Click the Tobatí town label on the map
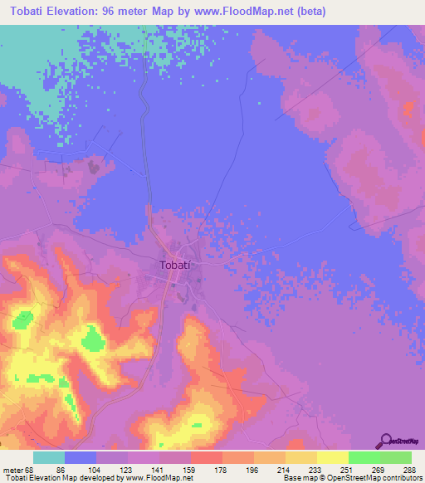click(x=175, y=266)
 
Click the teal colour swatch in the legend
click(x=49, y=457)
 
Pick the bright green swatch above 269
click(x=364, y=457)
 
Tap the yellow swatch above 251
click(x=332, y=457)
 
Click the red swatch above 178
click(x=206, y=457)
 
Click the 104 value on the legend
click(x=97, y=470)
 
